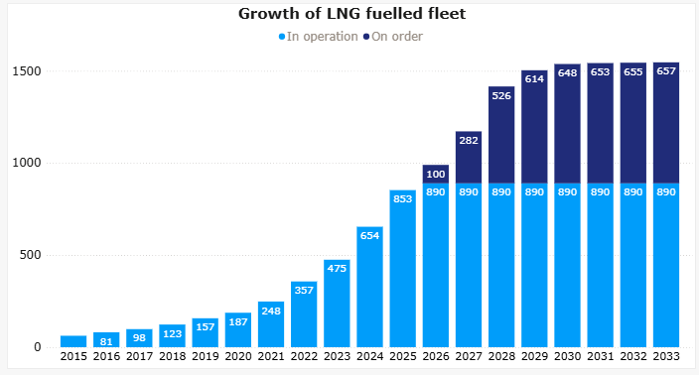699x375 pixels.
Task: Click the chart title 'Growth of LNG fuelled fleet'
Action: (x=351, y=14)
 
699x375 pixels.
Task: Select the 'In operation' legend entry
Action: (x=319, y=37)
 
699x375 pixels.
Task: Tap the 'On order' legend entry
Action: (x=393, y=37)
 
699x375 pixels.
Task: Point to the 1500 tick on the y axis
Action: (x=27, y=71)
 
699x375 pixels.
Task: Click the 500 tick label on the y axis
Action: (x=31, y=255)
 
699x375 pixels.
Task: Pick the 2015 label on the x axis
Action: (x=73, y=356)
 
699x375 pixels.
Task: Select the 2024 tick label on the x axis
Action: (x=370, y=356)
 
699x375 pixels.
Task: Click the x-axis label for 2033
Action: (x=666, y=356)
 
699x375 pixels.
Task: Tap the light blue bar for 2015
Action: (x=73, y=341)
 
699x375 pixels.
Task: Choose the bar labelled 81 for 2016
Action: (x=106, y=340)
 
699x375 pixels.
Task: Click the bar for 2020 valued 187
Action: (x=238, y=330)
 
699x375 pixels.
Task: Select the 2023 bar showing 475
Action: (x=337, y=304)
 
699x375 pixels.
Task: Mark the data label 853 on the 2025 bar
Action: (x=402, y=199)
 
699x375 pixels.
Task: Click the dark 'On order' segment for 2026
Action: (x=436, y=175)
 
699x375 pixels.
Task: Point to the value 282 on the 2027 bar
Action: (x=469, y=140)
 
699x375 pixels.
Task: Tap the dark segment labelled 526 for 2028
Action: (x=501, y=135)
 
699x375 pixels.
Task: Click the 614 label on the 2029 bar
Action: (x=534, y=78)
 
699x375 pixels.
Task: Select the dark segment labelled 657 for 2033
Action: (x=666, y=123)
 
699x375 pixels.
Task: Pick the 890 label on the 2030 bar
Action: (x=568, y=191)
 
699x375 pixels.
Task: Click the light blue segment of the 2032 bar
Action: (x=633, y=266)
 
